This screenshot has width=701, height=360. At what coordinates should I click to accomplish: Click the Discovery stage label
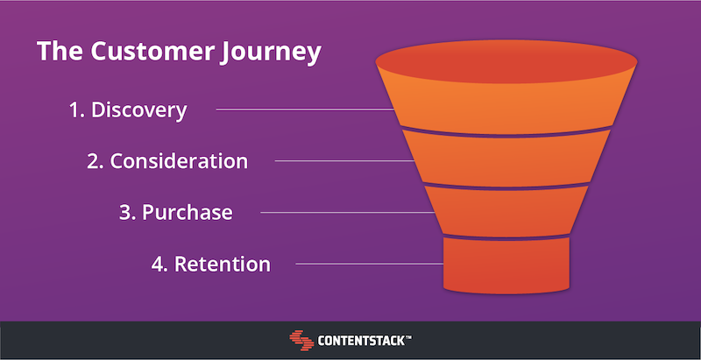(128, 109)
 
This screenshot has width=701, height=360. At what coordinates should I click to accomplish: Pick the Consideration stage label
(167, 161)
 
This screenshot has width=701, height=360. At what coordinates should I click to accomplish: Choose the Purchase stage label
(176, 213)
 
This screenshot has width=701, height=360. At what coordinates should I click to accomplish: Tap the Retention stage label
(211, 264)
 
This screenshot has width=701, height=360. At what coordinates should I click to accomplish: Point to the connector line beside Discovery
(305, 109)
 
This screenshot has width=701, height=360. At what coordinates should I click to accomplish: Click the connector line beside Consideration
(344, 161)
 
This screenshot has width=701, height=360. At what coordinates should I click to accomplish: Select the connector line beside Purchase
(348, 213)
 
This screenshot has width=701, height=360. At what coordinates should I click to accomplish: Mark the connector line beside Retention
(370, 264)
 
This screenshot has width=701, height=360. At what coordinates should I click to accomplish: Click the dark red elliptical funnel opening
(506, 61)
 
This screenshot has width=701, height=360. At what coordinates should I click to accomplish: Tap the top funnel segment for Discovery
(506, 107)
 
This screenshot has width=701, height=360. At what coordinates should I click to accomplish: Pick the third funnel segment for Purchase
(506, 211)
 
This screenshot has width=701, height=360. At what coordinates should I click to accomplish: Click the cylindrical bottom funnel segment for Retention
(506, 265)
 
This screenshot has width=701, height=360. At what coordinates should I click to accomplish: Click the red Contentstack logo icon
(301, 341)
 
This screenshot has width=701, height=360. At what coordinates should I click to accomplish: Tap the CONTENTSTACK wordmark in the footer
(361, 342)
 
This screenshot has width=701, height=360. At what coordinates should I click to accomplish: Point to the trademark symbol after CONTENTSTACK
(408, 337)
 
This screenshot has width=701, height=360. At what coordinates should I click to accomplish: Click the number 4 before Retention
(157, 265)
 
